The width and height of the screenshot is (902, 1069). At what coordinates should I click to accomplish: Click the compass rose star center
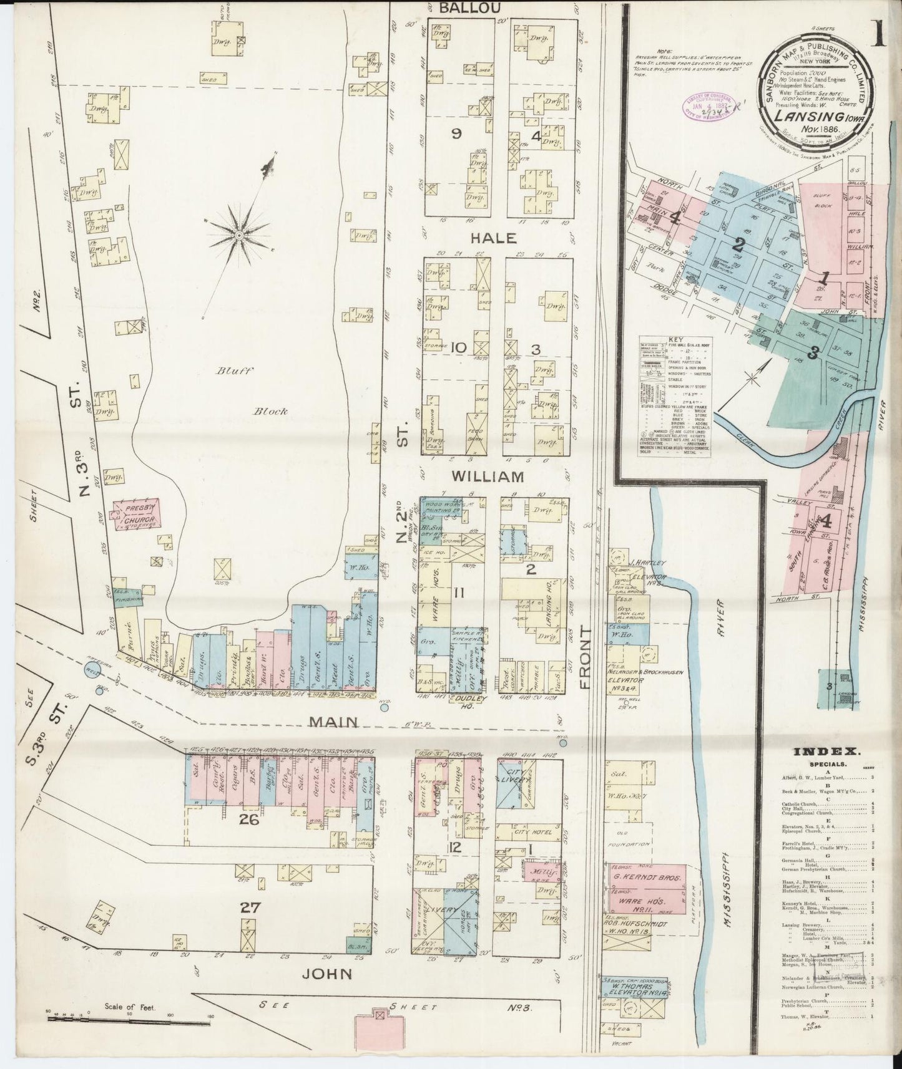239,235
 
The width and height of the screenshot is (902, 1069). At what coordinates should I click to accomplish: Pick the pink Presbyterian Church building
135,515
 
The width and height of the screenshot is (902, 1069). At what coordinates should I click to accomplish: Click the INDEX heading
818,752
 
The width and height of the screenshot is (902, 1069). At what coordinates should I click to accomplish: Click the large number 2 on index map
740,243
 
